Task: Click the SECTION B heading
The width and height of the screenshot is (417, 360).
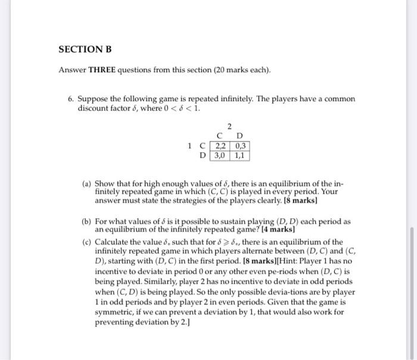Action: click(85, 49)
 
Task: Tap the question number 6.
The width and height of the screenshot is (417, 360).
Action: click(70, 99)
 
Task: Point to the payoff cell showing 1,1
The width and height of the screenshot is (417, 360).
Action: click(240, 156)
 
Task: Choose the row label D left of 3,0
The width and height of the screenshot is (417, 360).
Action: click(203, 156)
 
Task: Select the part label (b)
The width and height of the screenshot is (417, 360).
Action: click(86, 221)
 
